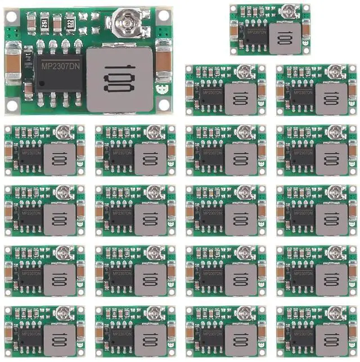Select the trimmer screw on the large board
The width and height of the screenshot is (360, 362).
point(124,22)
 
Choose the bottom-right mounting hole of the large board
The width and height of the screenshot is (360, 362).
point(164,105)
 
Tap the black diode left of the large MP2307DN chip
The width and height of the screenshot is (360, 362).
point(27,87)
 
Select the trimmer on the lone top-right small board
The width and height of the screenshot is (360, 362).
point(289,11)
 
